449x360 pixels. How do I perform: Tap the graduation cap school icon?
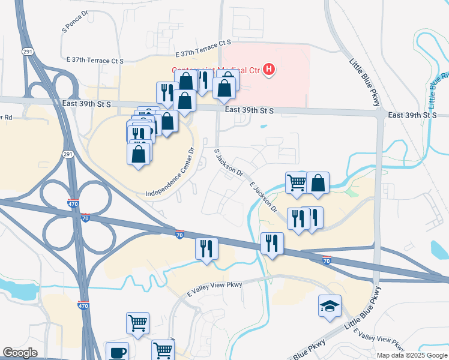330,306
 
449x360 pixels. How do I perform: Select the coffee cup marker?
117,352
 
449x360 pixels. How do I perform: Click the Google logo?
20,353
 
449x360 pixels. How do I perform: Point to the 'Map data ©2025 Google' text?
412,355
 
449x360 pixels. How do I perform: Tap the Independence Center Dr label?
171,173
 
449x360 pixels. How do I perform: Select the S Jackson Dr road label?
229,162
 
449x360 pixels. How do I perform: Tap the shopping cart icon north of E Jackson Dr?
297,183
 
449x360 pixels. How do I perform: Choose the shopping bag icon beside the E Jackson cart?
318,183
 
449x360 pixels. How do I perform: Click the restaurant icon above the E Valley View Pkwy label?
206,248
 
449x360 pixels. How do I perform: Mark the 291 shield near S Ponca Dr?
28,52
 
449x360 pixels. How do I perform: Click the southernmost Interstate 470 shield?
84,306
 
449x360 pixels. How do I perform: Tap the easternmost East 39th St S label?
412,115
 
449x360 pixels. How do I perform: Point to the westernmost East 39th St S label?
87,104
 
